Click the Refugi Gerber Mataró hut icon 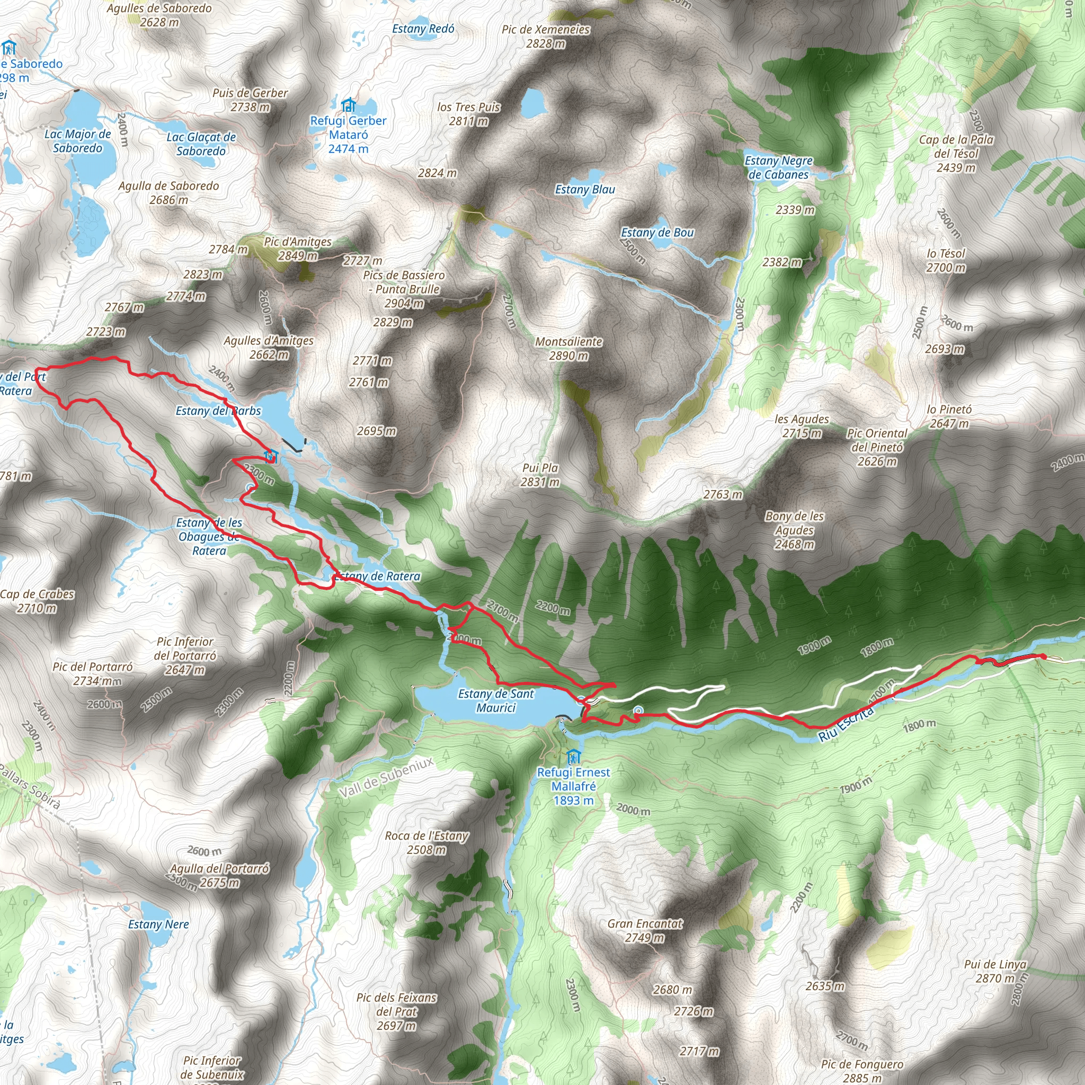coord(348,105)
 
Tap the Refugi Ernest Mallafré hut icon coord(573,756)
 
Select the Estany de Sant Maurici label coord(495,700)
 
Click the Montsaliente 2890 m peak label coord(568,348)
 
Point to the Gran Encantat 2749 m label coord(645,930)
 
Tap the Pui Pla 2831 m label coord(540,475)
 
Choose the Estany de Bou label coord(657,233)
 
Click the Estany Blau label coord(585,189)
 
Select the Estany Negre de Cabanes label coord(778,167)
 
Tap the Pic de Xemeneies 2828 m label coord(546,36)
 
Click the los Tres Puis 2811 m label coord(468,113)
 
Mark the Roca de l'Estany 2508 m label coord(426,842)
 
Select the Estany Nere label coord(158,924)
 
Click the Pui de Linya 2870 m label coord(995,971)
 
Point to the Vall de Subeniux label coord(386,777)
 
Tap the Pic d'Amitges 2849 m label coord(298,248)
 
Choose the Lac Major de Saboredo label coord(77,140)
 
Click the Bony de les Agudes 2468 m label coord(794,530)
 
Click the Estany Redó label coord(423,29)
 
